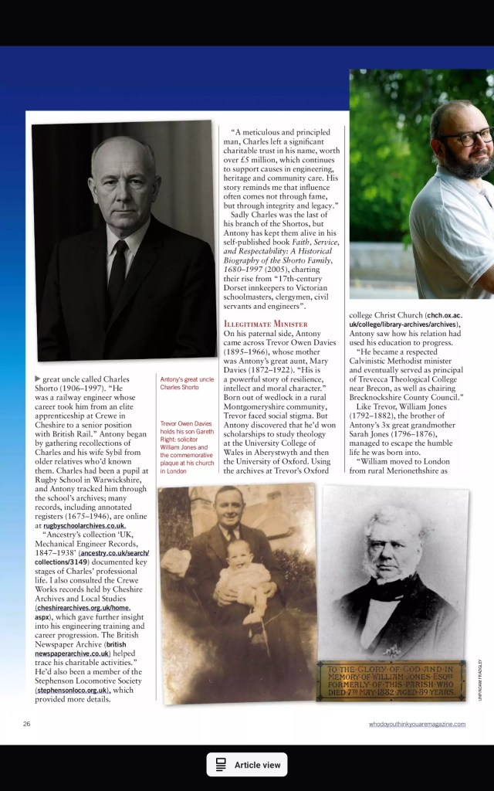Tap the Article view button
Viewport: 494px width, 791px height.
pos(247,764)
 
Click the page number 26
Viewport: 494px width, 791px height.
pos(26,724)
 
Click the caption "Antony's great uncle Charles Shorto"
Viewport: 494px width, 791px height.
pos(186,383)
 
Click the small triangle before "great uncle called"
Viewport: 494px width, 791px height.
pos(37,378)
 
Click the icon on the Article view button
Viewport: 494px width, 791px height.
pos(221,764)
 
